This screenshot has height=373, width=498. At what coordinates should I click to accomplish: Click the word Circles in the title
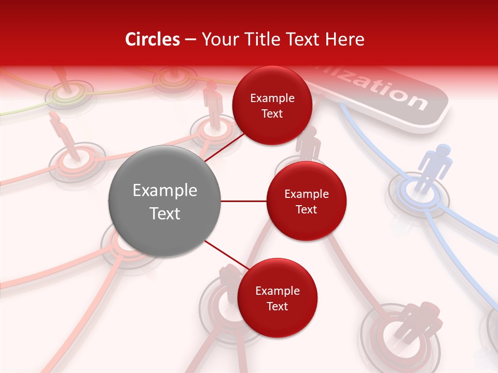[153, 39]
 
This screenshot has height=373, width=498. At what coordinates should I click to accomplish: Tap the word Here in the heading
[344, 39]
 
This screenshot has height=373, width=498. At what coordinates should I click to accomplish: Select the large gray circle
[164, 201]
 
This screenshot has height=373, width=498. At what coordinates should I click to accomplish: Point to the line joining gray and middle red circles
[243, 201]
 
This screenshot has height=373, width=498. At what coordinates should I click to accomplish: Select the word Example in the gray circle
[165, 191]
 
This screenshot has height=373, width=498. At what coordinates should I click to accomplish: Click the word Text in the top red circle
[272, 114]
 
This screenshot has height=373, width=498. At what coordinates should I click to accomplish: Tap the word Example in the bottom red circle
[278, 291]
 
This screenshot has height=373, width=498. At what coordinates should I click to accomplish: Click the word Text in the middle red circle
[306, 209]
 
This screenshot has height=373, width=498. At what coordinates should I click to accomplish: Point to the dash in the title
[190, 39]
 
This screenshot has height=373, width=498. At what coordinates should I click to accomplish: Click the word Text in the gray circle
[165, 213]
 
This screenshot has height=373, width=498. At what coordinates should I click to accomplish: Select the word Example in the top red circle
[272, 98]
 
